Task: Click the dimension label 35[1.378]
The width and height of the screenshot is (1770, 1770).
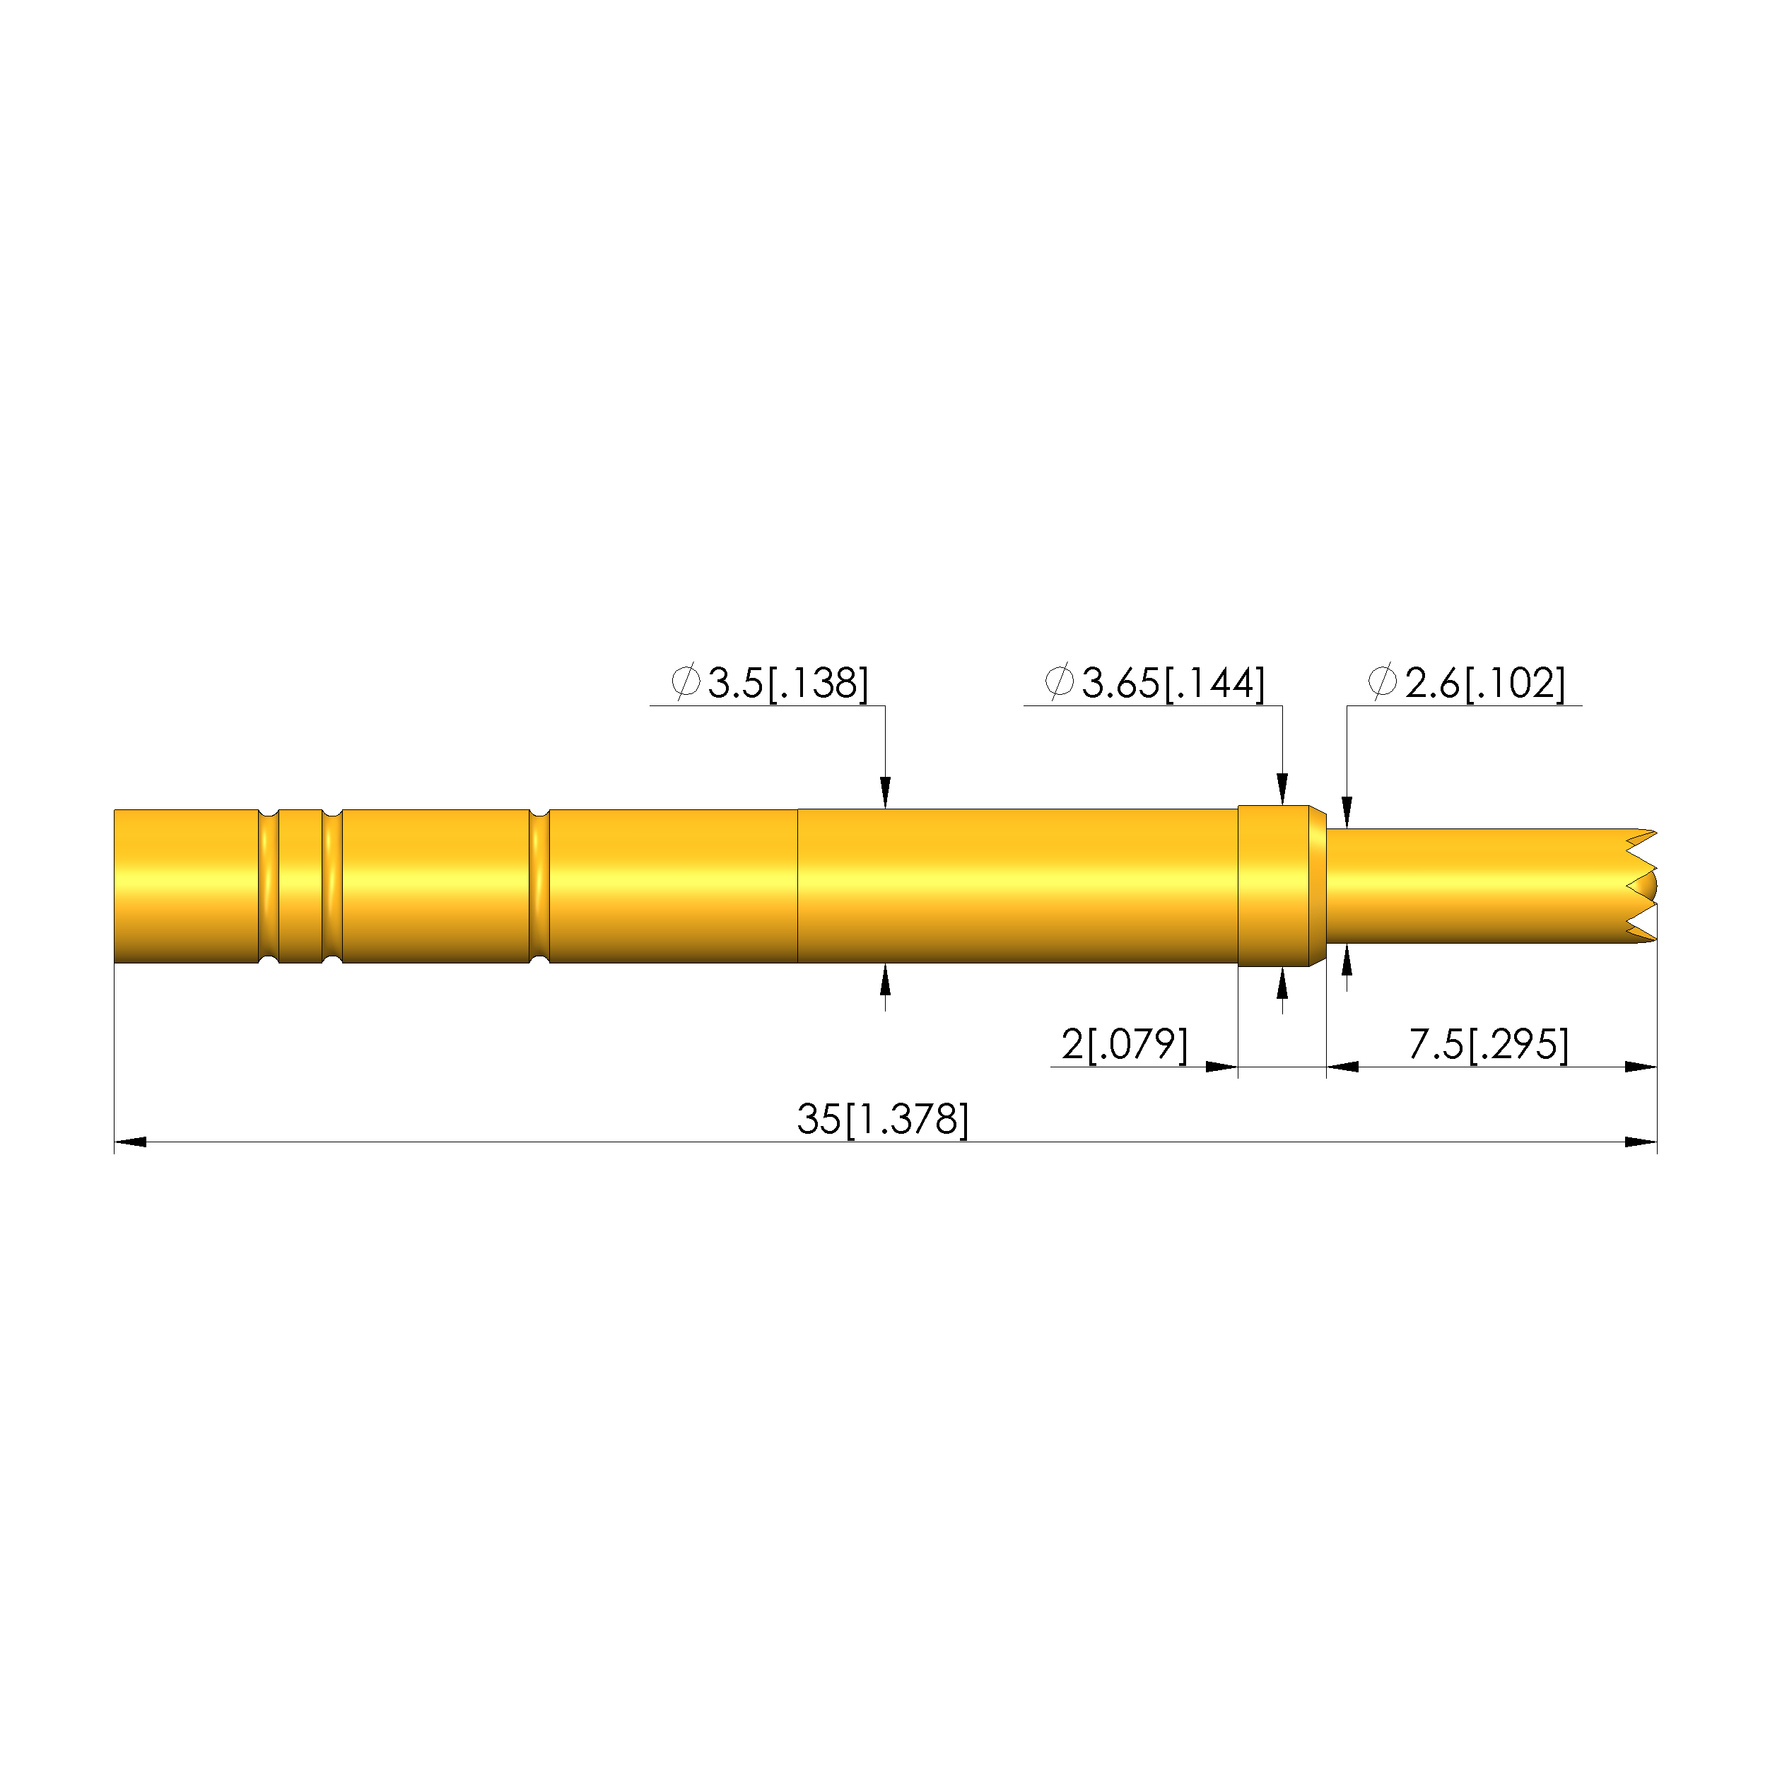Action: (882, 1118)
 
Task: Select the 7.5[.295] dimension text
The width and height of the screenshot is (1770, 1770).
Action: (1489, 1045)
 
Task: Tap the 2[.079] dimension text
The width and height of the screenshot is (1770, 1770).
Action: (1124, 1045)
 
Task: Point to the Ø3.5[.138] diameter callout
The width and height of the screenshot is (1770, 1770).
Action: (770, 683)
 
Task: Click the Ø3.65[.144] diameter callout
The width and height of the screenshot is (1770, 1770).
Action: (1154, 683)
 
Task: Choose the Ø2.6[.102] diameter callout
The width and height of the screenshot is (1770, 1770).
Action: (1467, 683)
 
